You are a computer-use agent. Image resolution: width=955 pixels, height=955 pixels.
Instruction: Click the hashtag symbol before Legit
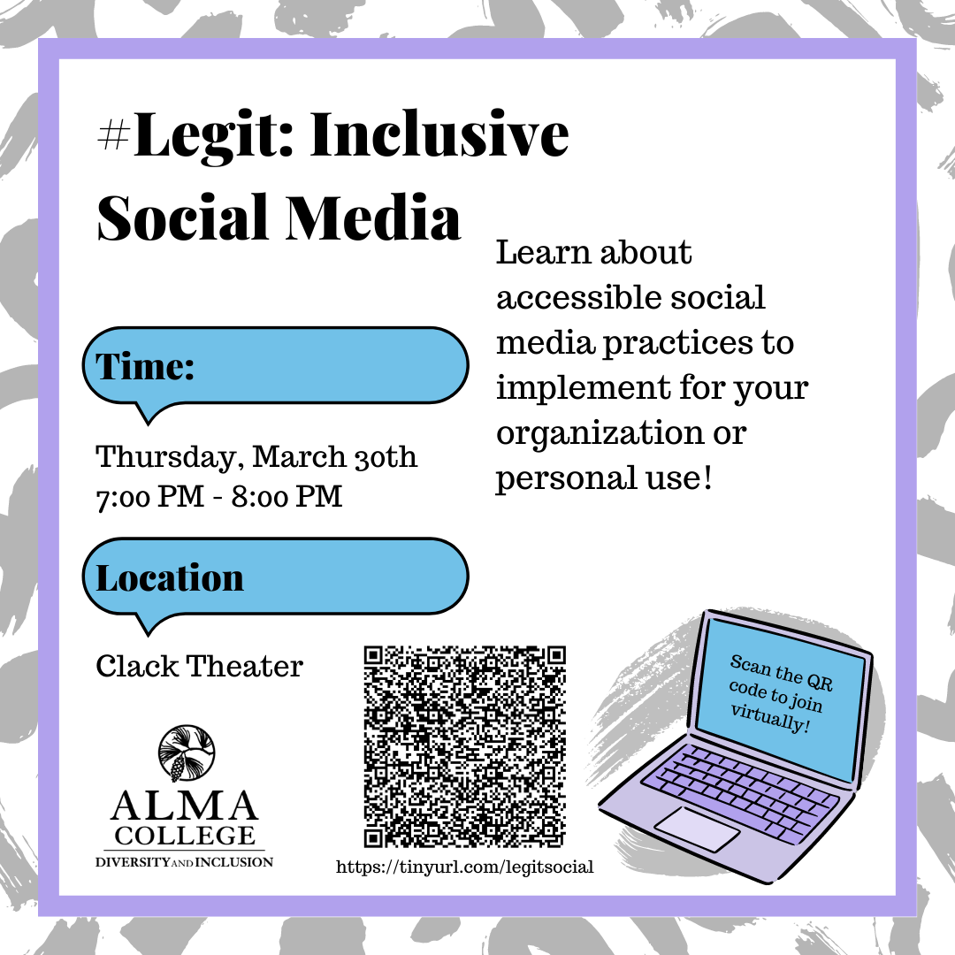tap(114, 134)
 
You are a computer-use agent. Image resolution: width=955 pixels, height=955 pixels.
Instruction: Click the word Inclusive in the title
tap(439, 134)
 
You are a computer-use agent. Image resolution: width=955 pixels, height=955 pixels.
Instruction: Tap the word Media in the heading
tap(373, 218)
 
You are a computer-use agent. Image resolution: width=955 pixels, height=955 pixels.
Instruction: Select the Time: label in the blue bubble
tap(145, 367)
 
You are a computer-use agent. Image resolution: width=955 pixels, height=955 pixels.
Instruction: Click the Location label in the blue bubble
tap(170, 577)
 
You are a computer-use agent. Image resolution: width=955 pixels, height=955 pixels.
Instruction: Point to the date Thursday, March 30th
tap(256, 457)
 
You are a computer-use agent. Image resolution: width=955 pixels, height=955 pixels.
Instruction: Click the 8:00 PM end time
tap(286, 496)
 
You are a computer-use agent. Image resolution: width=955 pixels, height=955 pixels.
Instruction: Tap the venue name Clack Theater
tap(199, 666)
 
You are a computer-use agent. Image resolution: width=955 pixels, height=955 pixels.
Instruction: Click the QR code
tap(465, 746)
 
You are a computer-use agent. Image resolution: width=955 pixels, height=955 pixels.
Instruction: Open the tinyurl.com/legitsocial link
tap(465, 867)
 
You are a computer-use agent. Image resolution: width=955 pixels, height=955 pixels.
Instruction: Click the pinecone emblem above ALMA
tap(187, 753)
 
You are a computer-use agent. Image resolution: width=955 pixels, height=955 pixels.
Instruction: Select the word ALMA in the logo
tap(185, 806)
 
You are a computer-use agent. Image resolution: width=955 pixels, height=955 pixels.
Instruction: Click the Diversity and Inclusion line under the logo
tap(185, 862)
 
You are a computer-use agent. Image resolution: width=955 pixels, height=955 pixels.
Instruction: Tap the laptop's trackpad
tap(697, 829)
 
